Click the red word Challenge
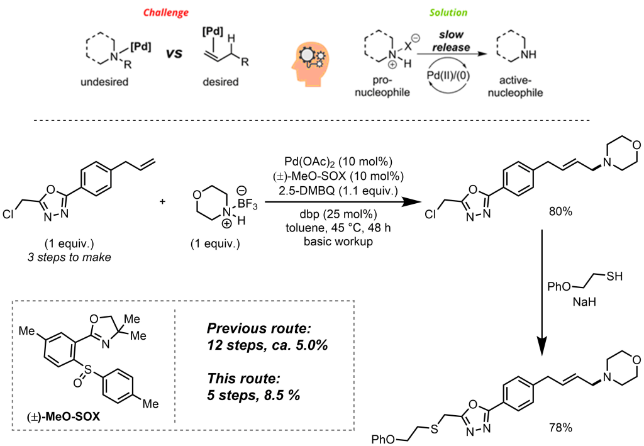[x=165, y=13]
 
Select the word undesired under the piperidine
[x=106, y=82]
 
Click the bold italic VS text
[x=174, y=54]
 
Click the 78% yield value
[x=560, y=428]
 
